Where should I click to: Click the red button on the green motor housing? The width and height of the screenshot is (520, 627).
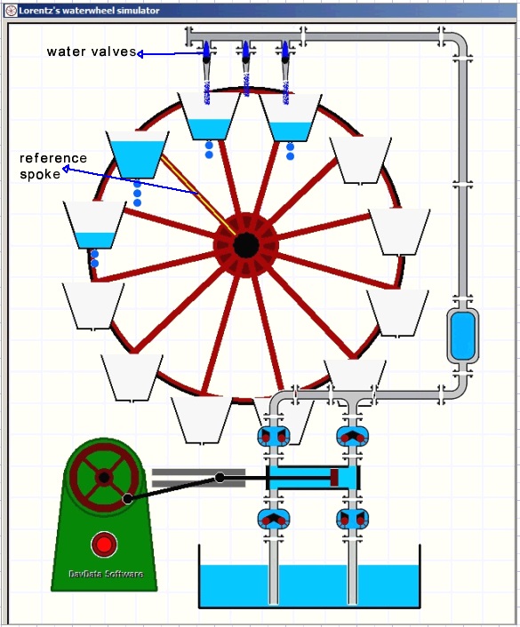coord(104,544)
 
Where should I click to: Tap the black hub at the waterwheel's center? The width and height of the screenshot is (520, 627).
coord(246,245)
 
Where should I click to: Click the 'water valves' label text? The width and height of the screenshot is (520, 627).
coord(92,52)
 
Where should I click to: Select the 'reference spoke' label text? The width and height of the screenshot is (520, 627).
coord(53,166)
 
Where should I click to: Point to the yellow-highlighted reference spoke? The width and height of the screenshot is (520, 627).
coord(197,194)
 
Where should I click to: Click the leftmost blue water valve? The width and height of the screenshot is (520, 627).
coord(206,51)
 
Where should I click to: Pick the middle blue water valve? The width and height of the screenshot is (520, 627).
coord(245,51)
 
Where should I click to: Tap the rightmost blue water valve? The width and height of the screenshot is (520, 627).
coord(285,51)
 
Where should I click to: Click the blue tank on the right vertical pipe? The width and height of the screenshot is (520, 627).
coord(462,336)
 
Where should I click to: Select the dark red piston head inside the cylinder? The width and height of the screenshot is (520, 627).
coord(334,478)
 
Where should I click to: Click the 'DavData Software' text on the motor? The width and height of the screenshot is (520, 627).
coord(106,575)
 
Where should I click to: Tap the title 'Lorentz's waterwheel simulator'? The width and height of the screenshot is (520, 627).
coord(89,11)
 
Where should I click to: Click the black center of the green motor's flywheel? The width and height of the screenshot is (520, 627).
coord(104,477)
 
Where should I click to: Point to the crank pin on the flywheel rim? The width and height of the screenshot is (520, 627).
coord(127,498)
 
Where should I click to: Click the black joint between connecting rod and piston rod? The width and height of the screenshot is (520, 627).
coord(220,477)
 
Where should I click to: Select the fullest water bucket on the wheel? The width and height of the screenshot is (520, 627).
coord(138,155)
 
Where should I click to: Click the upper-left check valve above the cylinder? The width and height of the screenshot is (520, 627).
coord(274,436)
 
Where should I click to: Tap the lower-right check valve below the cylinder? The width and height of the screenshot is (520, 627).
coord(352,519)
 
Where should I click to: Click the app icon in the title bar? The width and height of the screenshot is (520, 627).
coord(12,11)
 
